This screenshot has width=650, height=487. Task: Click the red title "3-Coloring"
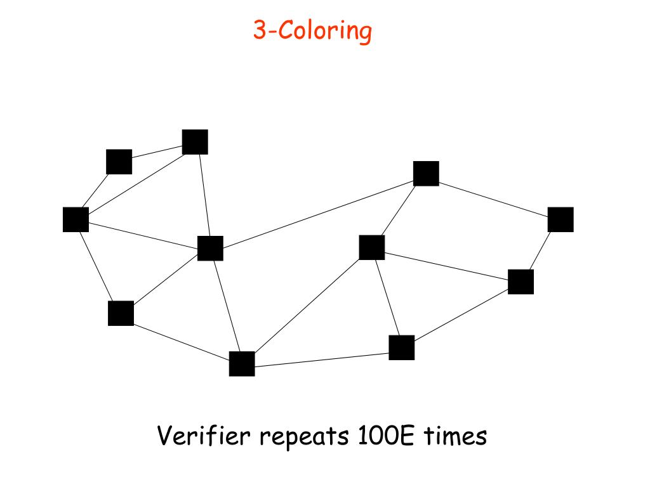(x=312, y=30)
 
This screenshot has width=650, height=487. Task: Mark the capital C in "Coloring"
(x=286, y=30)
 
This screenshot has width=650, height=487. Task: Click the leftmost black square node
(x=76, y=219)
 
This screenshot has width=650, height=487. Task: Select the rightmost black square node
(x=560, y=219)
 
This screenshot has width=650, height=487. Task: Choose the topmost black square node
(x=195, y=142)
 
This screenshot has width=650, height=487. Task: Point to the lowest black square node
(x=242, y=364)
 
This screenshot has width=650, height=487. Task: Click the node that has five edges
(x=210, y=248)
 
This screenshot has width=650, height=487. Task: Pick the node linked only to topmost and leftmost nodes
(x=119, y=162)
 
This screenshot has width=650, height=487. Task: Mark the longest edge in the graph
(x=317, y=211)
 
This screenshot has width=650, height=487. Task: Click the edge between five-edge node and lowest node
(x=226, y=306)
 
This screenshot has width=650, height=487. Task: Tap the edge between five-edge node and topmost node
(x=202, y=195)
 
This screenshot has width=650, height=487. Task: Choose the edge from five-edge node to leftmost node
(x=143, y=233)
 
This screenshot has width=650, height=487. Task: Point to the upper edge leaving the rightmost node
(x=493, y=197)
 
